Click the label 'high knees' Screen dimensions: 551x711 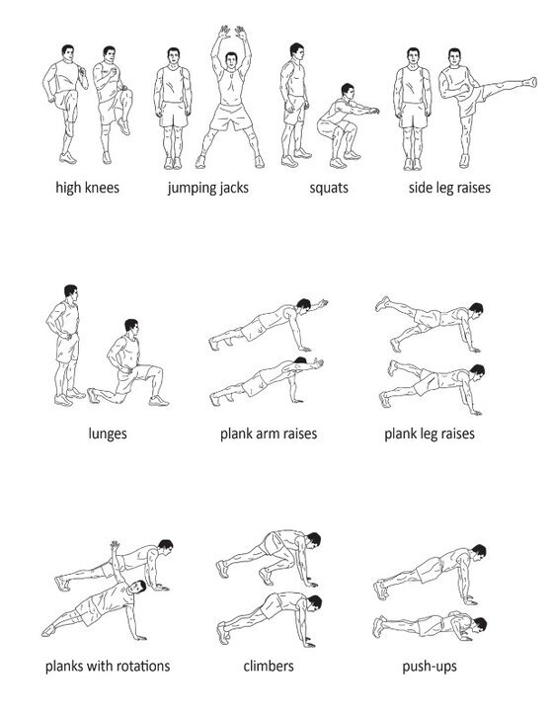pyautogui.click(x=88, y=188)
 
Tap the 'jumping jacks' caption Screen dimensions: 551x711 pyautogui.click(x=208, y=188)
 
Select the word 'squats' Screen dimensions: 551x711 pyautogui.click(x=329, y=189)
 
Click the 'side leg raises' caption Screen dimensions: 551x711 pyautogui.click(x=449, y=188)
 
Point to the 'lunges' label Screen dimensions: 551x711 pyautogui.click(x=108, y=434)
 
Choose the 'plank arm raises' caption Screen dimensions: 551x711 pyautogui.click(x=269, y=434)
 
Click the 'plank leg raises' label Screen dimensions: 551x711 pyautogui.click(x=430, y=434)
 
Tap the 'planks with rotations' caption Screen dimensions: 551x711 pyautogui.click(x=108, y=667)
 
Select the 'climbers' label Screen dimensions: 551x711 pyautogui.click(x=269, y=667)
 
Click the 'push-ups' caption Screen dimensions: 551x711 pyautogui.click(x=430, y=667)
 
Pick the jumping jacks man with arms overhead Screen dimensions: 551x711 pyautogui.click(x=230, y=98)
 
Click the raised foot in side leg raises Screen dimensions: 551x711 pyautogui.click(x=530, y=82)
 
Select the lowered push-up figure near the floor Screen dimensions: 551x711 pyautogui.click(x=430, y=626)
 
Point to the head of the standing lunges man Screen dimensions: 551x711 pyautogui.click(x=70, y=291)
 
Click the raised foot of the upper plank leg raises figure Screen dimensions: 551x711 pyautogui.click(x=382, y=303)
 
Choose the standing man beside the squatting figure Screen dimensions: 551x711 pyautogui.click(x=294, y=105)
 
